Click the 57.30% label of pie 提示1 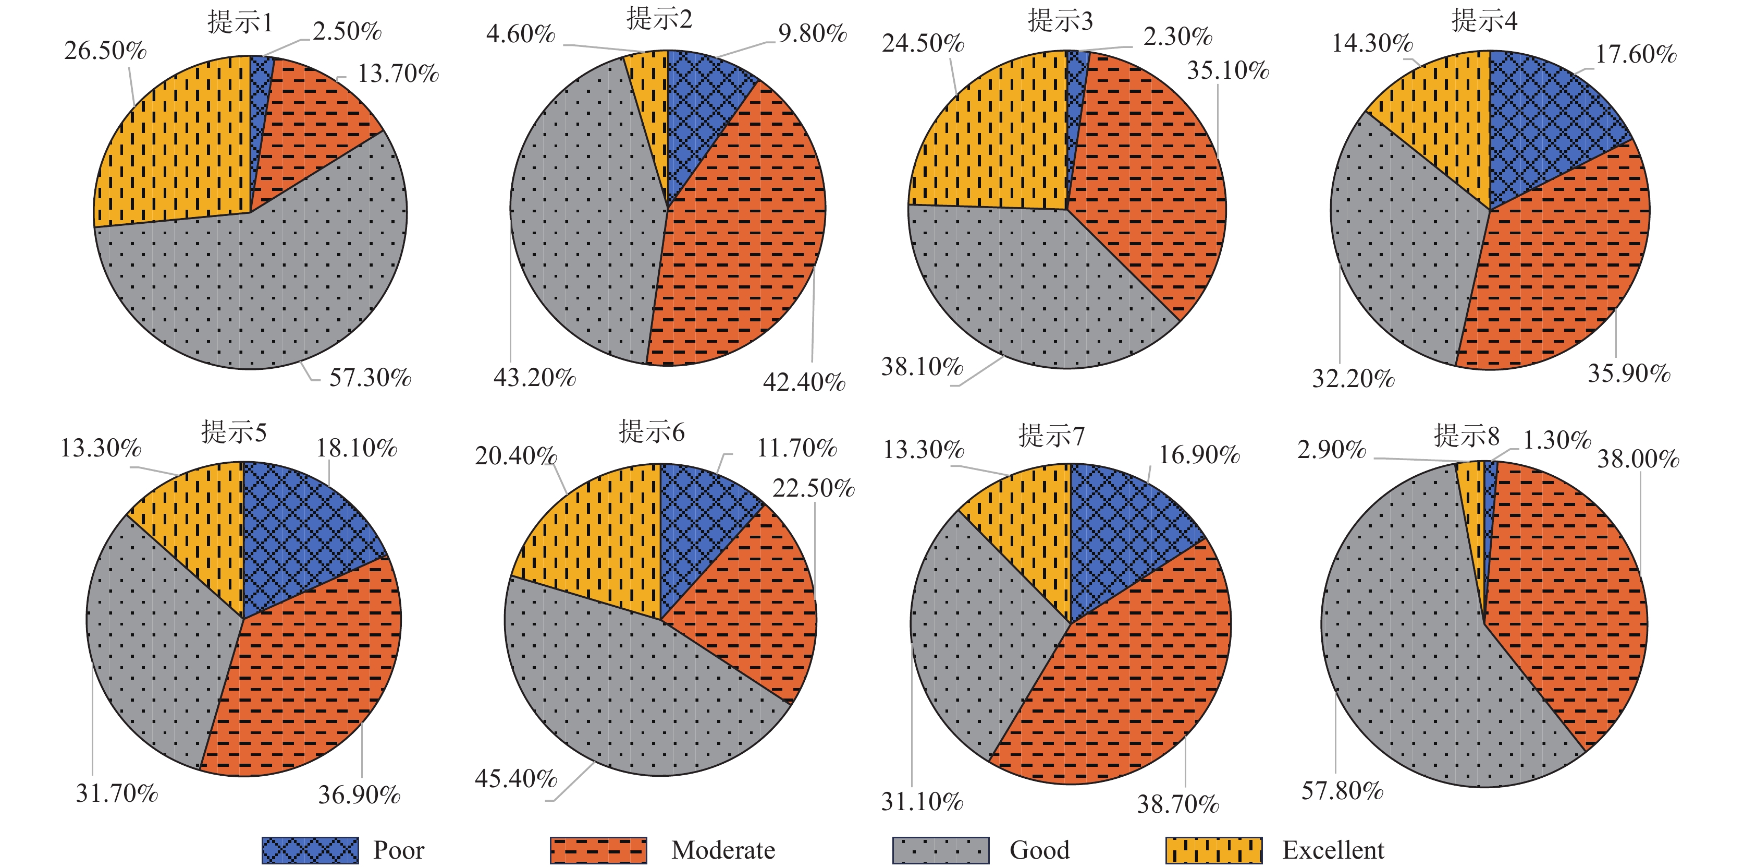[370, 377]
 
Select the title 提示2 [659, 19]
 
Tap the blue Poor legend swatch [310, 850]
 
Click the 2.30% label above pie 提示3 [1177, 37]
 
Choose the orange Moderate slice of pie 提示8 [1570, 596]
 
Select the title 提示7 [1051, 436]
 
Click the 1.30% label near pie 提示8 [1556, 440]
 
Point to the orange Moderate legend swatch [598, 850]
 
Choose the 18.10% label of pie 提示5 [356, 448]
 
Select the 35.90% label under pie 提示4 [1629, 373]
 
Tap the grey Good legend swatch [940, 850]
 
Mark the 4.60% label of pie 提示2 [520, 33]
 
